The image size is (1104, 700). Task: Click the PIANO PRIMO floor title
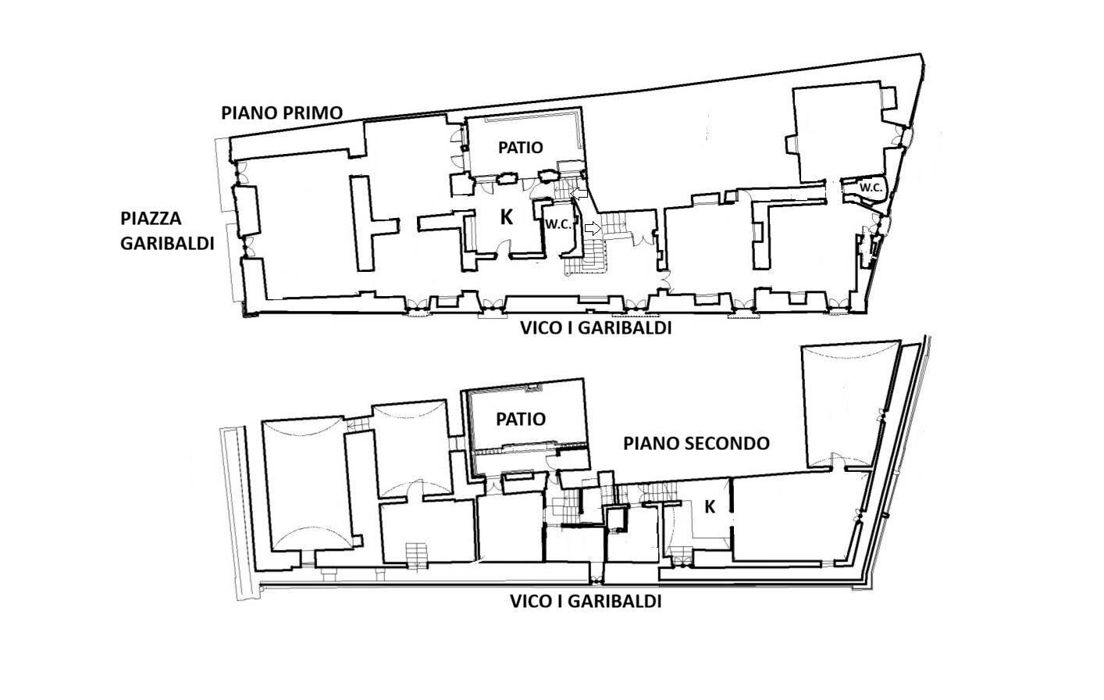(x=282, y=112)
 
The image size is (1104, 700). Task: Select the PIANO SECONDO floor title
(x=696, y=444)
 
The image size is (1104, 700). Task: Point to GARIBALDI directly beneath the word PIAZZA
(x=167, y=243)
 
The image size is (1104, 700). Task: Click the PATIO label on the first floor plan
(x=521, y=147)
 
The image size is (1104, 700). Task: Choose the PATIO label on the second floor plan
(x=521, y=420)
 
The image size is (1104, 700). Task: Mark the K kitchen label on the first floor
(x=507, y=218)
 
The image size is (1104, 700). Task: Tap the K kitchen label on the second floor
(x=710, y=507)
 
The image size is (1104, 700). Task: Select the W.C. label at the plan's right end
(x=871, y=187)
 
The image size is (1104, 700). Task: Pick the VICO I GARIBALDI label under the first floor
(x=596, y=328)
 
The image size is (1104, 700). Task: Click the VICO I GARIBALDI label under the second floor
(x=586, y=602)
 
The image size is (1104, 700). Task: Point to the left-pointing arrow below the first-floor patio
(x=579, y=192)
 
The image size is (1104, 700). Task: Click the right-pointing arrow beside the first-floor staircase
(x=593, y=229)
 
